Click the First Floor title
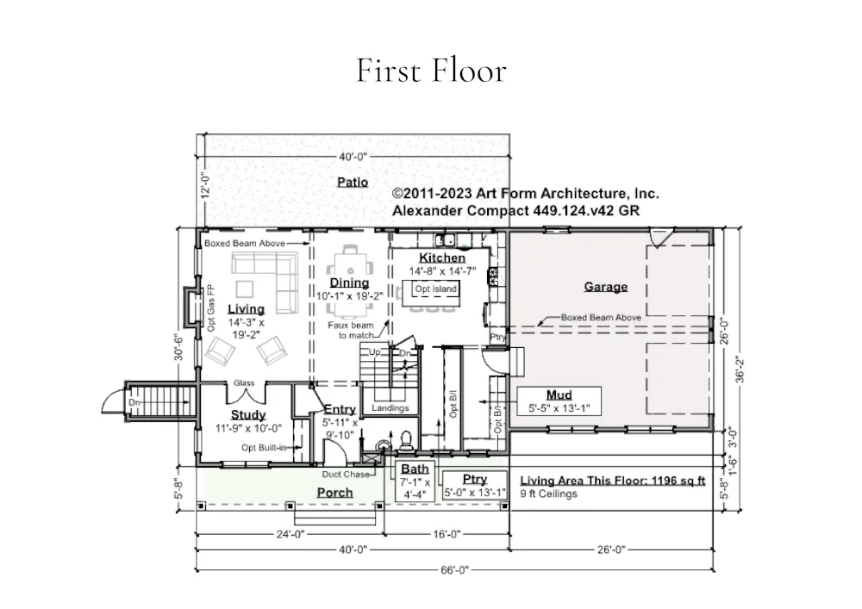(x=431, y=71)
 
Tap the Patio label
(x=353, y=182)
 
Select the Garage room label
(x=606, y=287)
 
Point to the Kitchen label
(x=442, y=258)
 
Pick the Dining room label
(x=349, y=283)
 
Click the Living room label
(x=247, y=309)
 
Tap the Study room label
(x=248, y=415)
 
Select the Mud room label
(x=559, y=395)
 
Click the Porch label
(x=334, y=493)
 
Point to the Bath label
(x=415, y=469)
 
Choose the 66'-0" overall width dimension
(x=454, y=570)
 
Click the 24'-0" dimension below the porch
(x=290, y=534)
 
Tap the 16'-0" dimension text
(x=447, y=534)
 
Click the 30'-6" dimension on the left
(x=178, y=347)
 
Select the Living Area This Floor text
(x=612, y=481)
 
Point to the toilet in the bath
(x=406, y=441)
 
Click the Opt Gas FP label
(x=210, y=308)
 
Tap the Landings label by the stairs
(x=390, y=408)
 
